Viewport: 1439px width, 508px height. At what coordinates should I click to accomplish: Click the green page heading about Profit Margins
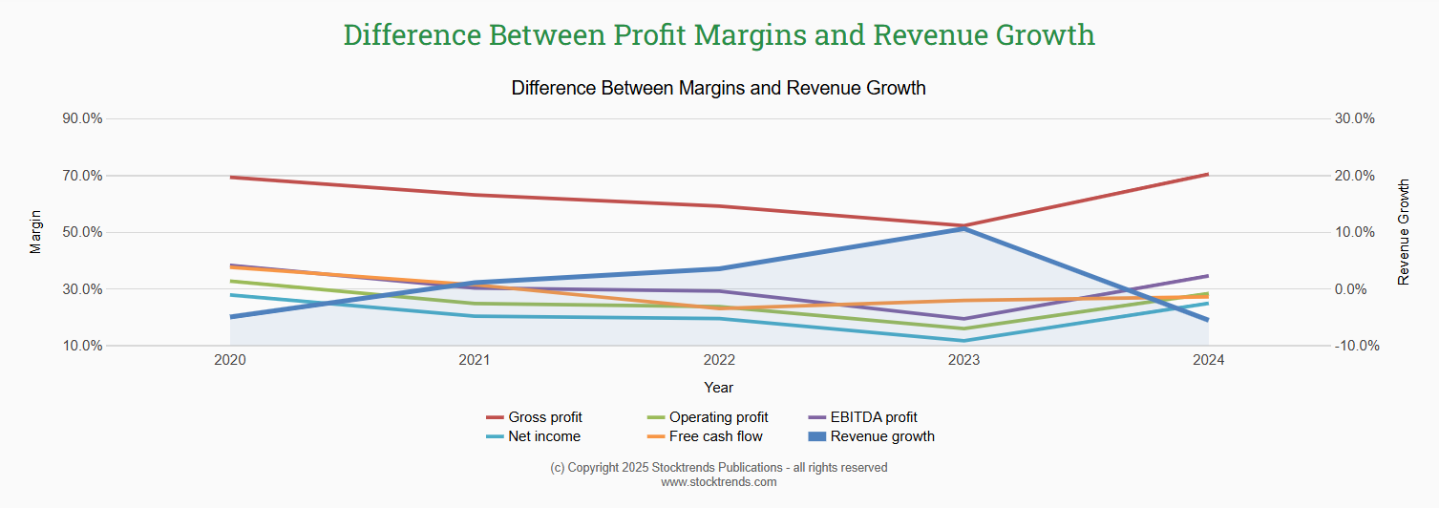click(718, 34)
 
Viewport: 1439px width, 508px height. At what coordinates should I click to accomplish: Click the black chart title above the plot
click(718, 88)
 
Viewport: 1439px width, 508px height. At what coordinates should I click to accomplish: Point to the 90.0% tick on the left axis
click(82, 119)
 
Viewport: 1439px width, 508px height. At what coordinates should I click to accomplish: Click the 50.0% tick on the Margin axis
click(82, 232)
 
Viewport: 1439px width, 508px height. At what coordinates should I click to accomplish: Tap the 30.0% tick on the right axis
click(1354, 119)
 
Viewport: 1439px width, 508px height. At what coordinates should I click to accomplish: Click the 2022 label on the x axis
click(718, 360)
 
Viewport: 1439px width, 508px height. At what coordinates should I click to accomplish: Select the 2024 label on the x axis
click(1208, 360)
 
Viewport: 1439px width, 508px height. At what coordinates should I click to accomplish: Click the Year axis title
click(718, 388)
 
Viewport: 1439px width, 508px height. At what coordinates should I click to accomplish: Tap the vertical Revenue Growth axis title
click(1403, 232)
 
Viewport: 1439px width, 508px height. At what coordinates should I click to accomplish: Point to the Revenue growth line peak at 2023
click(963, 228)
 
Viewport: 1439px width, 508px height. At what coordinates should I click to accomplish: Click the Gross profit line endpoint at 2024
click(1208, 174)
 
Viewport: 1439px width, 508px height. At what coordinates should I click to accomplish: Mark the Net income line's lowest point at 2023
click(963, 341)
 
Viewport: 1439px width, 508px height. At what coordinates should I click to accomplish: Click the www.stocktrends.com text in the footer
click(718, 482)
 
